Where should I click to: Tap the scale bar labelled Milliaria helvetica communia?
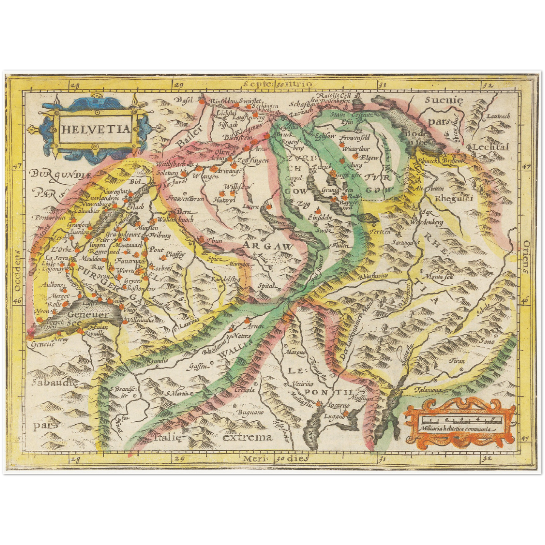(459, 420)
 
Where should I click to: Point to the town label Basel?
(184, 100)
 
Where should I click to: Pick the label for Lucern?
(251, 206)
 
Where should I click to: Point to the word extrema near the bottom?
(247, 437)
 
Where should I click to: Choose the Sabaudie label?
(54, 382)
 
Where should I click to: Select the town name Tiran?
(457, 361)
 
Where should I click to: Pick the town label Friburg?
(160, 235)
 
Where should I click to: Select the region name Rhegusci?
(454, 199)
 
